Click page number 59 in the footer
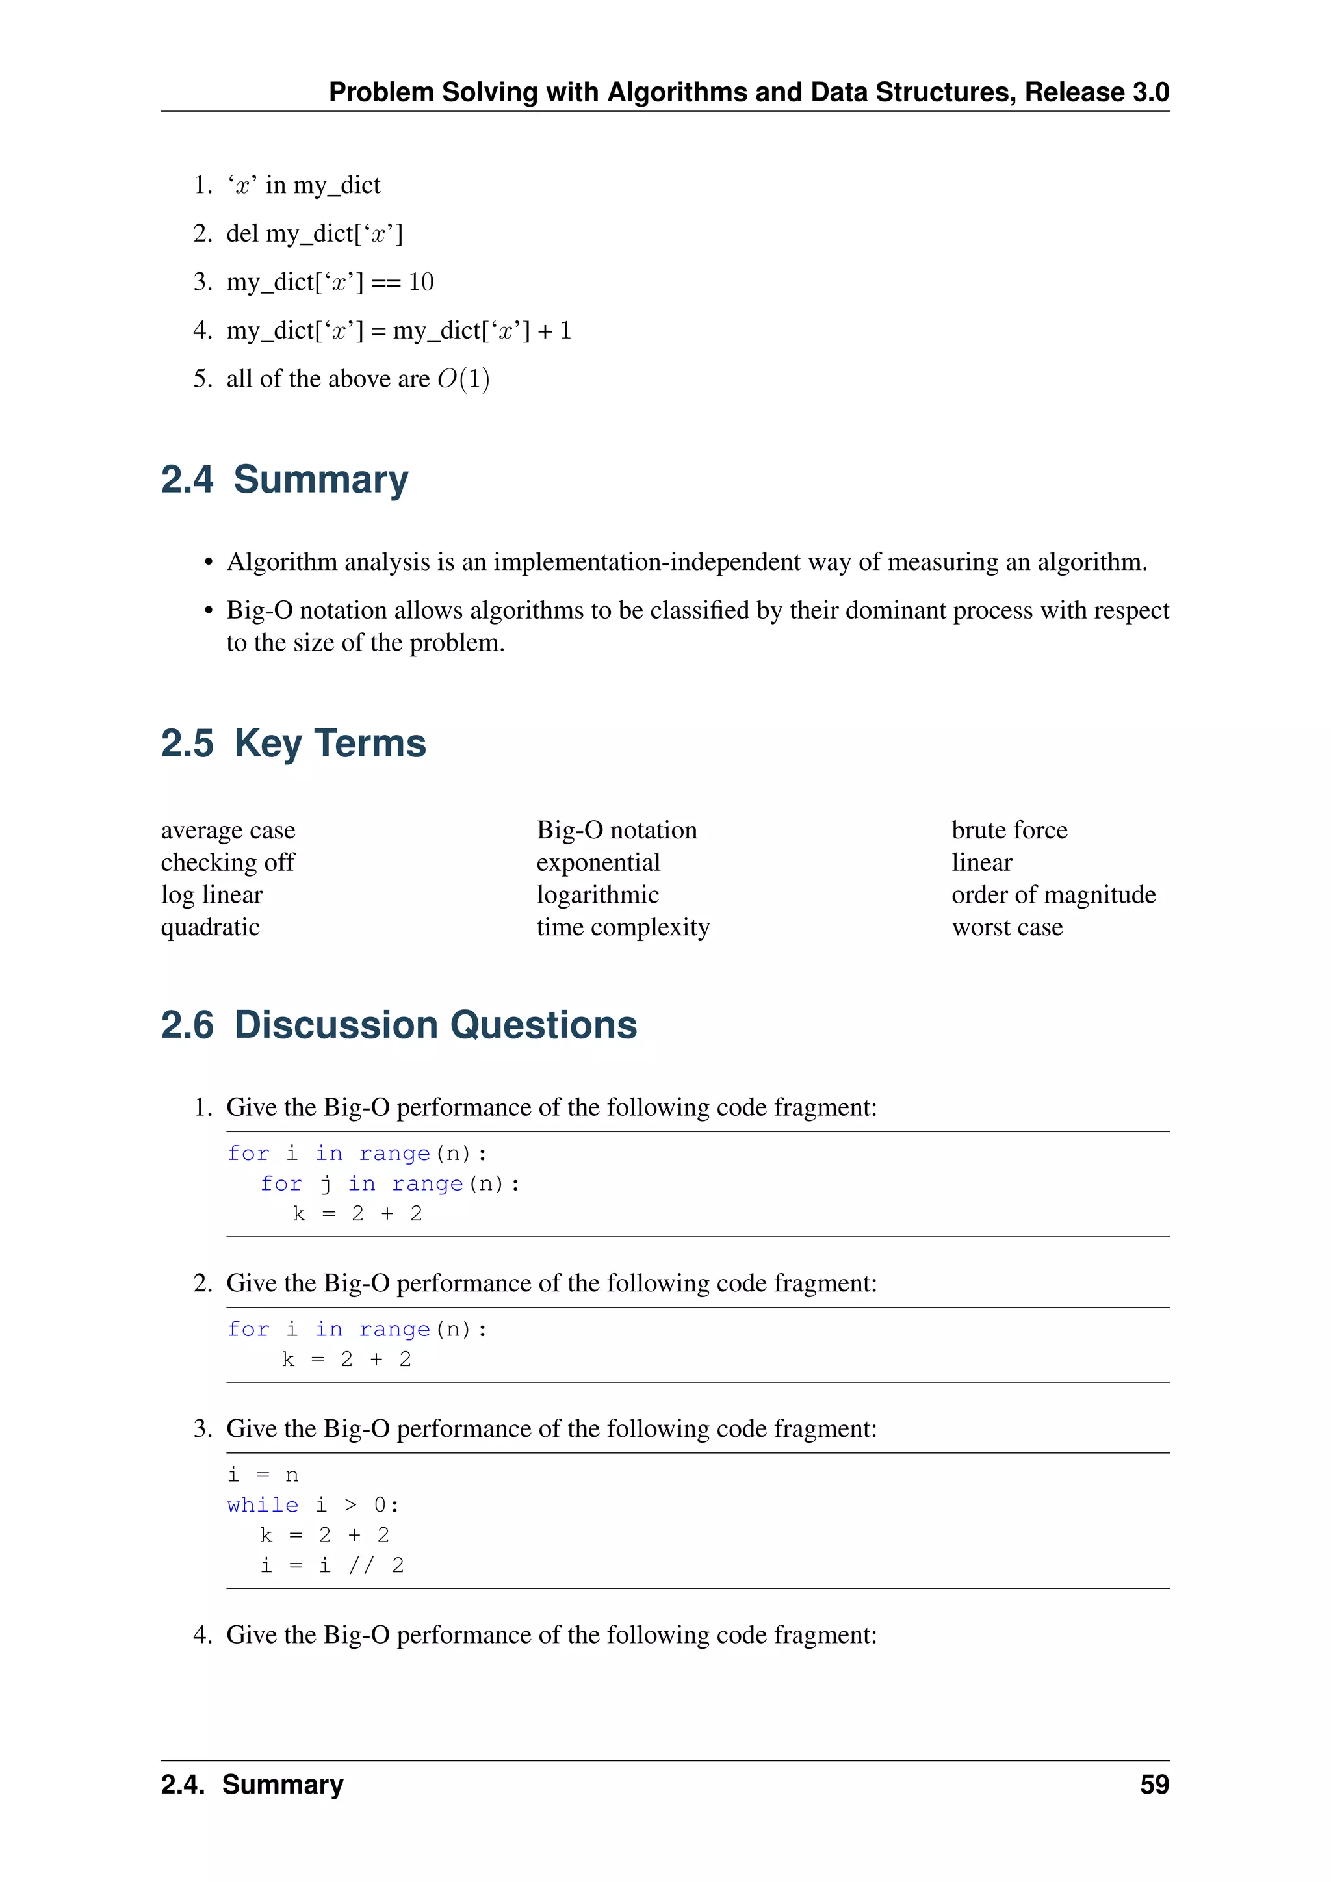click(x=1154, y=1785)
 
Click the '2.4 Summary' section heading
click(x=285, y=480)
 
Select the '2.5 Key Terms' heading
click(x=293, y=743)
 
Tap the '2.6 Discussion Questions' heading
click(x=398, y=1025)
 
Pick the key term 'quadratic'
click(x=210, y=927)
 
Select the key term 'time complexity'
click(x=623, y=927)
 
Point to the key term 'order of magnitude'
click(x=1053, y=894)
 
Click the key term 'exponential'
click(x=599, y=862)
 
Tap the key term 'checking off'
click(x=227, y=862)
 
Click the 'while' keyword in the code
click(x=263, y=1505)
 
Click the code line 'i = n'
click(x=263, y=1475)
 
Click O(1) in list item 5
click(x=463, y=379)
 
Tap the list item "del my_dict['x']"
click(x=314, y=233)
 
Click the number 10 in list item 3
click(x=420, y=282)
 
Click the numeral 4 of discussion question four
click(x=201, y=1635)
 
